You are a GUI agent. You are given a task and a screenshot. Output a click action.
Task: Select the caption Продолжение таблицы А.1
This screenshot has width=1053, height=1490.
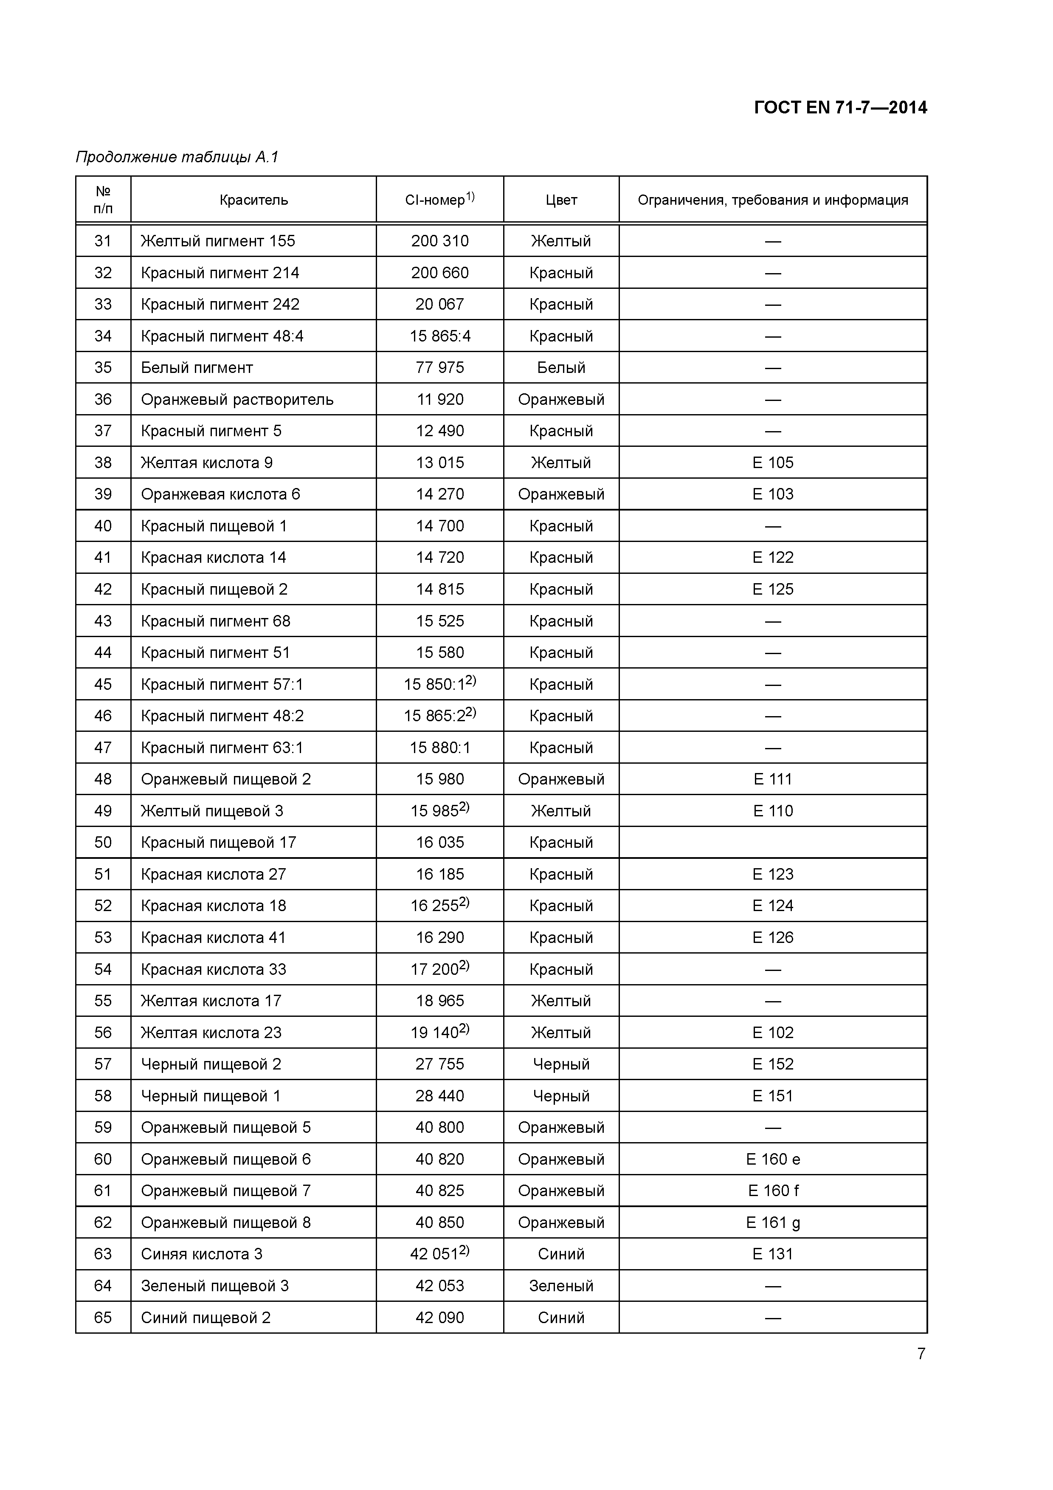coord(177,157)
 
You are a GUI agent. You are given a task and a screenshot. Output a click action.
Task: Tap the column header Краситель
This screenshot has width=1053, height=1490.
coord(253,200)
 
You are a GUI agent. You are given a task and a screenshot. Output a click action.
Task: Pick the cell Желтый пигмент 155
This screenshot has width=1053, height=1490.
coord(218,241)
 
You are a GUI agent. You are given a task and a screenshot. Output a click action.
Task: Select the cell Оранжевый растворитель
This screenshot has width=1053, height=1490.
coord(237,399)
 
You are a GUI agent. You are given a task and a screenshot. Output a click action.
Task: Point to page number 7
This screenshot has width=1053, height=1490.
coord(921,1353)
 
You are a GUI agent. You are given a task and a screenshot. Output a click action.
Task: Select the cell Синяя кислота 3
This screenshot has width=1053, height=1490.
coord(202,1254)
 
